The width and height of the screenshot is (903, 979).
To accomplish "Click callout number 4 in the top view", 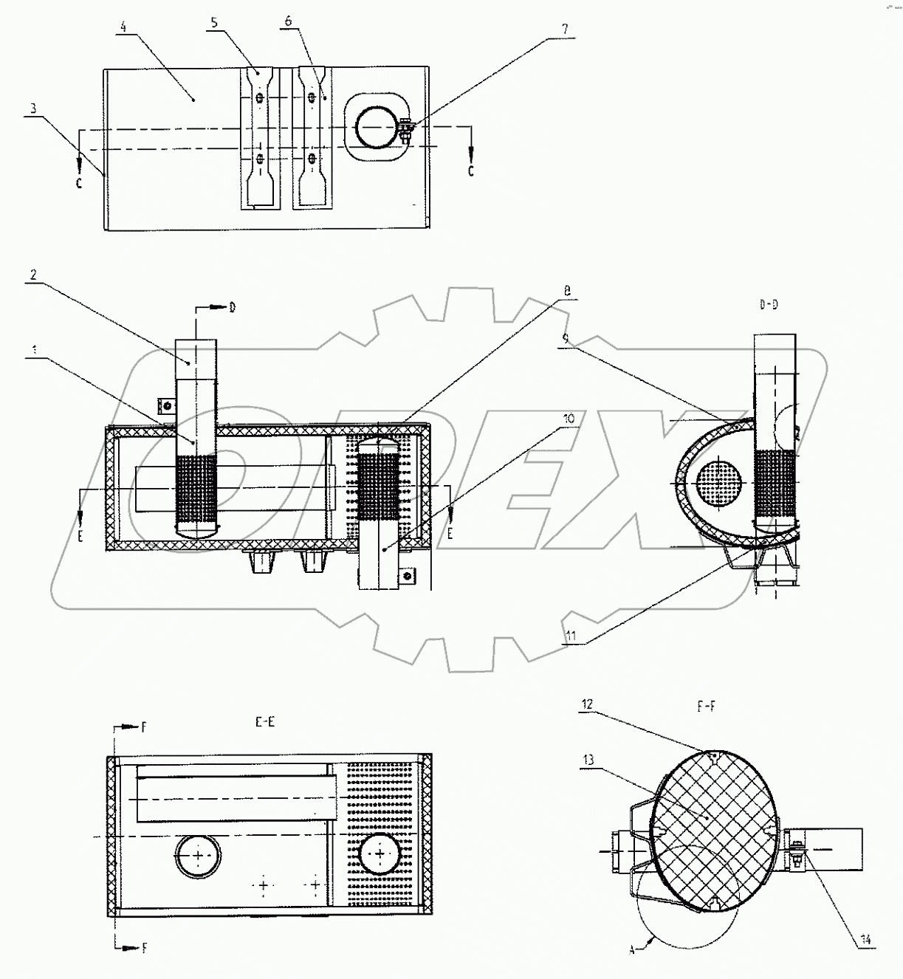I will pyautogui.click(x=123, y=27).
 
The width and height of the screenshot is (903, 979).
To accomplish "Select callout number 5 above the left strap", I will pyautogui.click(x=214, y=23).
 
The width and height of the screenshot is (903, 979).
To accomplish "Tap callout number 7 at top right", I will pyautogui.click(x=565, y=30).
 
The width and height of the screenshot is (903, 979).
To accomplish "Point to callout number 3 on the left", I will pyautogui.click(x=32, y=109).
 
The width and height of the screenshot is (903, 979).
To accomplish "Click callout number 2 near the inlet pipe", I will pyautogui.click(x=34, y=274).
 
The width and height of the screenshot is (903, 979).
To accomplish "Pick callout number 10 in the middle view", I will pyautogui.click(x=568, y=419).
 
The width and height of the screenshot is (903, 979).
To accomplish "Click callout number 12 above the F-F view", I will pyautogui.click(x=586, y=704).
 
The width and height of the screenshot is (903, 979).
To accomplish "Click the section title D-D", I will pyautogui.click(x=768, y=305).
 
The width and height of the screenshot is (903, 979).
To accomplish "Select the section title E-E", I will pyautogui.click(x=265, y=722).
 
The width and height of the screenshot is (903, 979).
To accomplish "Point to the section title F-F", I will pyautogui.click(x=706, y=707).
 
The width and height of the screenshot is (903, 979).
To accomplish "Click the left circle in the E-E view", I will pyautogui.click(x=197, y=856).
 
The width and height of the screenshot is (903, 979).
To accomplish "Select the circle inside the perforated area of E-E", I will pyautogui.click(x=380, y=854).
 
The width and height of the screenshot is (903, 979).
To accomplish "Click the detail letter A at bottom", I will pyautogui.click(x=632, y=950).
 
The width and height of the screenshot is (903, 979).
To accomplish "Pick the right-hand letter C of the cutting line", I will pyautogui.click(x=470, y=171).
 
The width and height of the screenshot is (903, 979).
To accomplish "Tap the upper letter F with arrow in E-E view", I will pyautogui.click(x=145, y=727).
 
